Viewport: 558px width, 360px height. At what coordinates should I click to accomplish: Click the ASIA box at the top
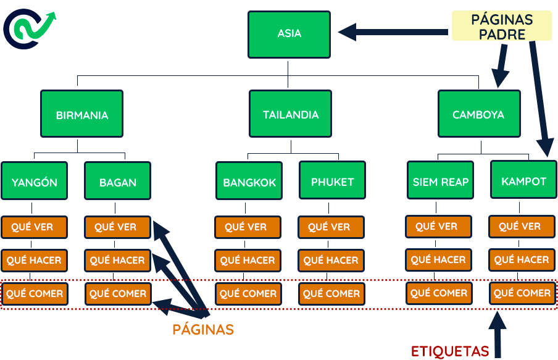pos(289,33)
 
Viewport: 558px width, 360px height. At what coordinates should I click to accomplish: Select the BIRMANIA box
pos(81,114)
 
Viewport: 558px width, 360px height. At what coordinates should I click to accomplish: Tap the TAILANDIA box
pos(291,114)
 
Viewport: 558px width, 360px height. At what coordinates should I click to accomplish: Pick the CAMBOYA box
pos(478,114)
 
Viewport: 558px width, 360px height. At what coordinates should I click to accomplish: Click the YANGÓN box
pos(35,182)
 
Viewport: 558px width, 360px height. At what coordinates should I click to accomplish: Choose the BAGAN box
pos(117,182)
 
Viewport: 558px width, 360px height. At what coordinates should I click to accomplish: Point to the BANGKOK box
pos(249,182)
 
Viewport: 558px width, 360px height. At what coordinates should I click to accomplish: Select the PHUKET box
pos(332,181)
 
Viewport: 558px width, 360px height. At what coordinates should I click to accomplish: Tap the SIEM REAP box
pos(441,181)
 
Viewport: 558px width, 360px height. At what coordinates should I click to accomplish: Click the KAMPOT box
pos(523,181)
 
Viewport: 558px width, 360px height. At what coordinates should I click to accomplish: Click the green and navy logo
pos(29,28)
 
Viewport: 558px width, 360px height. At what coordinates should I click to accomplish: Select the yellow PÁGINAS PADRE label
pos(501,27)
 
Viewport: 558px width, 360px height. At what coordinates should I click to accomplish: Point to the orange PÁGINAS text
pos(203,330)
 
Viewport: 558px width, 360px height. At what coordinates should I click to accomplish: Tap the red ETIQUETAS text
pos(450,351)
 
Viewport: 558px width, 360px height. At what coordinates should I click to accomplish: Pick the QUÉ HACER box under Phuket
pos(331,261)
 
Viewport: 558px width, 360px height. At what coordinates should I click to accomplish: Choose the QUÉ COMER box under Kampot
pos(522,293)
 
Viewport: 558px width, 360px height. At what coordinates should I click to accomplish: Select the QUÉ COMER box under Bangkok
pos(248,294)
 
